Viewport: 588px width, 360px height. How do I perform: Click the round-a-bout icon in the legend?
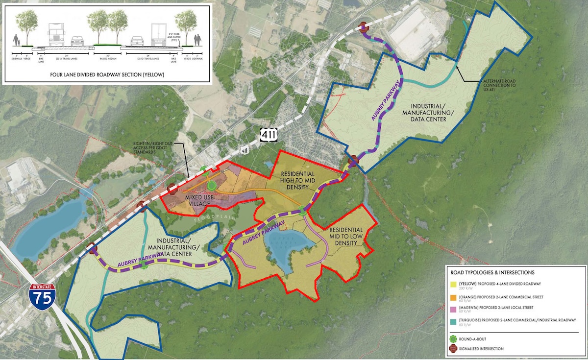pyautogui.click(x=453, y=337)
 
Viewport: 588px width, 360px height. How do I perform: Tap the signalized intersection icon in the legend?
pyautogui.click(x=453, y=349)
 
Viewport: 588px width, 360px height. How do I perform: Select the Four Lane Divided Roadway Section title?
pyautogui.click(x=107, y=75)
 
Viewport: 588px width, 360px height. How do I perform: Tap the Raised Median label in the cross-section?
pyautogui.click(x=107, y=58)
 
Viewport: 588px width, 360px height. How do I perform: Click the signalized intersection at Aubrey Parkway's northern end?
pyautogui.click(x=364, y=28)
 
